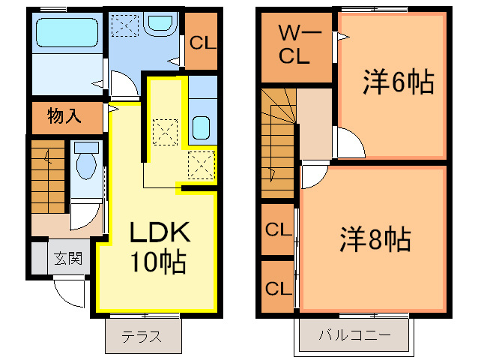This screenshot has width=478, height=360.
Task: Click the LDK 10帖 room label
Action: [x=159, y=247]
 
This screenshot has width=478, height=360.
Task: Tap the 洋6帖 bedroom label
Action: [x=399, y=82]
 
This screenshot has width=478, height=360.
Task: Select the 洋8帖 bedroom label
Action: [x=375, y=239]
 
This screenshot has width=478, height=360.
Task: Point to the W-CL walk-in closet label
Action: [x=294, y=45]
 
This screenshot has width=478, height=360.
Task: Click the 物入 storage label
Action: [x=64, y=115]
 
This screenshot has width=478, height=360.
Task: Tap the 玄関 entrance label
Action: [x=68, y=259]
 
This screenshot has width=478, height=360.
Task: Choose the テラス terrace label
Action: [x=142, y=337]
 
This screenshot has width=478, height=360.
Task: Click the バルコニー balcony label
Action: [x=354, y=335]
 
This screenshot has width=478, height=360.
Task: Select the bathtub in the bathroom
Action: [x=67, y=32]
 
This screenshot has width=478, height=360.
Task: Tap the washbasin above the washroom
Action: [x=160, y=22]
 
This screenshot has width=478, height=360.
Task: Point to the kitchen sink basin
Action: [x=202, y=127]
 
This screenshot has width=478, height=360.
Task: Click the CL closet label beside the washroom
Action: [x=202, y=43]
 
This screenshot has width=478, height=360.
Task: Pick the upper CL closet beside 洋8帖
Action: [x=278, y=229]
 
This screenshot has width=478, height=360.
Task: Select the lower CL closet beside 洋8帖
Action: [x=278, y=288]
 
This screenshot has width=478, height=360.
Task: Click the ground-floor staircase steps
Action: [x=48, y=177]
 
